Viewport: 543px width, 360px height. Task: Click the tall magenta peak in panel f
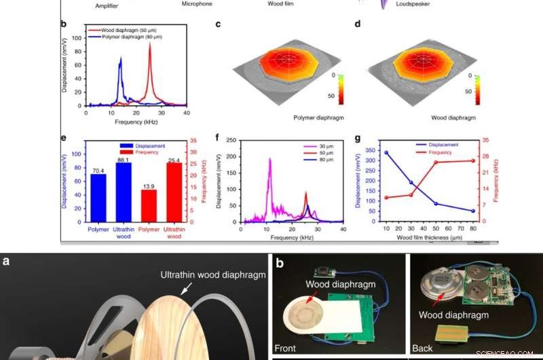269,160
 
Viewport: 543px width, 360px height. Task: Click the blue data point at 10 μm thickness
386,152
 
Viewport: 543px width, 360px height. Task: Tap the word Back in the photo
423,348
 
